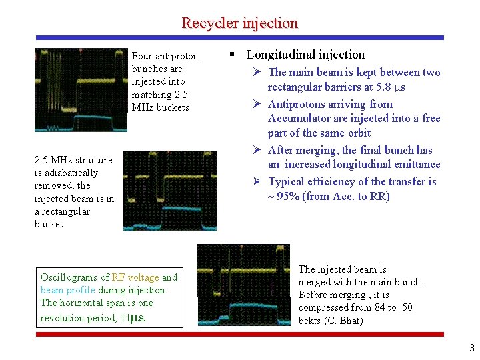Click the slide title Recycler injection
click(x=239, y=23)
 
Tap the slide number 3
click(x=472, y=347)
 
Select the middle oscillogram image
click(x=170, y=191)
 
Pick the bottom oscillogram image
click(x=243, y=285)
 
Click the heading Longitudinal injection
click(x=306, y=55)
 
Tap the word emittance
click(x=413, y=164)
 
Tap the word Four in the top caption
click(x=141, y=56)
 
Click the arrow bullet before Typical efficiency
click(x=259, y=181)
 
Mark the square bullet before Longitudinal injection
click(x=232, y=55)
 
